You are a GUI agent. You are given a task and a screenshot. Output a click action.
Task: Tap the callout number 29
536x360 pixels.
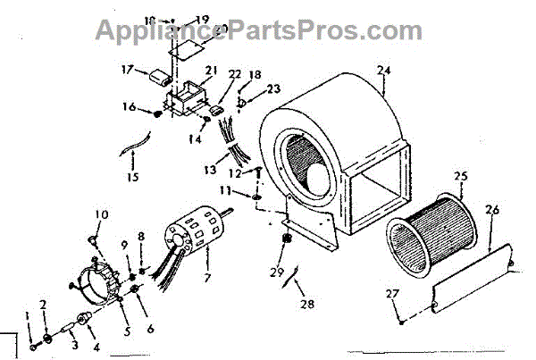pos(278,272)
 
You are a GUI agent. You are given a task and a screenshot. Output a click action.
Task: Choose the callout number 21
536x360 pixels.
pos(210,71)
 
